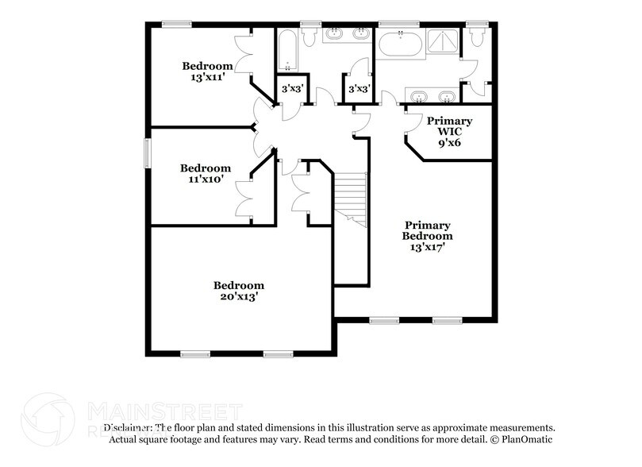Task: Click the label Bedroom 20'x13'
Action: click(x=238, y=291)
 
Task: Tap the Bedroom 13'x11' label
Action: click(x=206, y=71)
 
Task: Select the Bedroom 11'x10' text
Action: click(x=205, y=173)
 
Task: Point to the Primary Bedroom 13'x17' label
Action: click(x=427, y=236)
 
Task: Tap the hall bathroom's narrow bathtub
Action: click(x=286, y=49)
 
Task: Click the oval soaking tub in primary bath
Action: click(x=401, y=44)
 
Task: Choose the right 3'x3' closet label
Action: click(x=358, y=89)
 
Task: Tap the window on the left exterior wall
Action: click(x=145, y=152)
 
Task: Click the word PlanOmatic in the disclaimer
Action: click(x=525, y=439)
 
